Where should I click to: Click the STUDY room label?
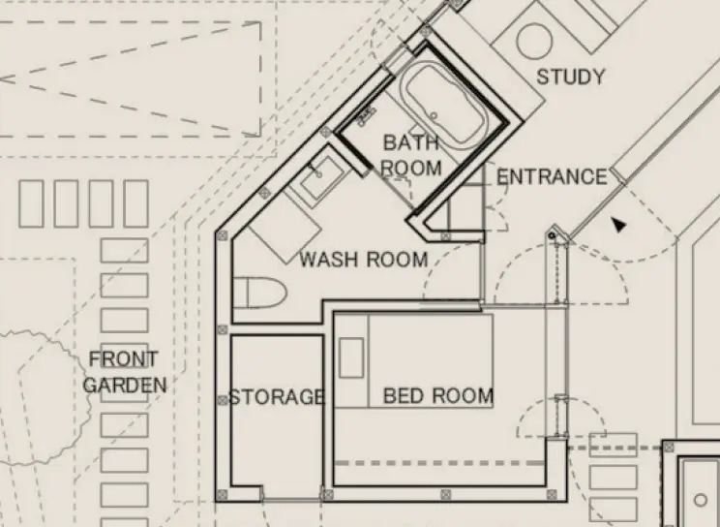(x=570, y=77)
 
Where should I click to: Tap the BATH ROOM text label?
(x=410, y=155)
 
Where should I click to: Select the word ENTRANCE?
(x=551, y=177)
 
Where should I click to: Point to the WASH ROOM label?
(x=363, y=260)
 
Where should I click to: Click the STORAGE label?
(x=275, y=397)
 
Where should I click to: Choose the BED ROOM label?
(x=437, y=396)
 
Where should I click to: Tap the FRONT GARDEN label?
(x=124, y=372)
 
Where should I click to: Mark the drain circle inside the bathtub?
(x=435, y=115)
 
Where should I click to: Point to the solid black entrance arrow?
(x=617, y=225)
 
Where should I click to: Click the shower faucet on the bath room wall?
(x=367, y=117)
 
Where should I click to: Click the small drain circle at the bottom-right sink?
(x=701, y=501)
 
